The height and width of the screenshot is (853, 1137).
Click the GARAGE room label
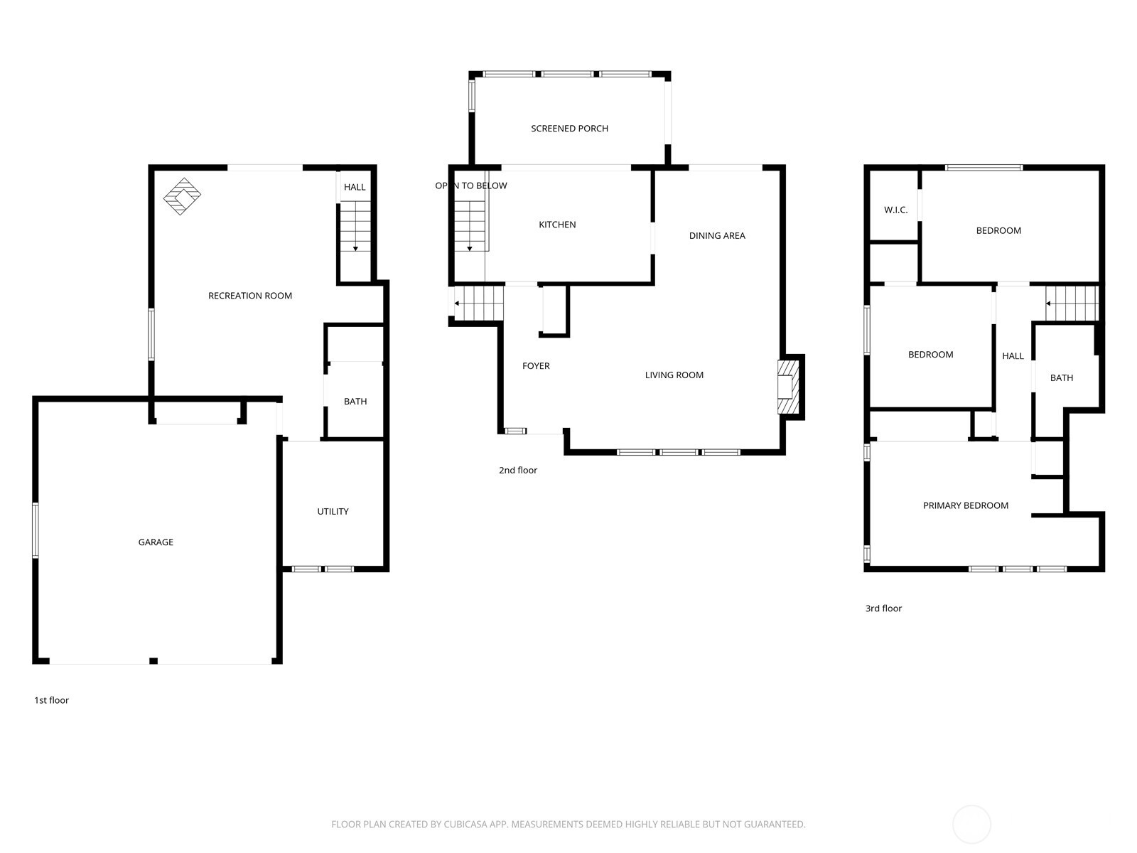[x=156, y=542]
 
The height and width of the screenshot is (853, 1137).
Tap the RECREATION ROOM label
[x=249, y=295]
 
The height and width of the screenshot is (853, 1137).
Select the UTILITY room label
[x=333, y=511]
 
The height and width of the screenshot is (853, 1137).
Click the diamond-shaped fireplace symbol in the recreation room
[x=182, y=196]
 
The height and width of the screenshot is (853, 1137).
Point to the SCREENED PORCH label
[x=569, y=128]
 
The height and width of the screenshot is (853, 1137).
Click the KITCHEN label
[x=557, y=224]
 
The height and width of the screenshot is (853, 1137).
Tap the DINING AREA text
[x=717, y=235]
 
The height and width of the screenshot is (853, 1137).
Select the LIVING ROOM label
[x=674, y=375]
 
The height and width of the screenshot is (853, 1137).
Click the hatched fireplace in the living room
[x=788, y=387]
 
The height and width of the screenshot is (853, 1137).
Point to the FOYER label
[x=536, y=365]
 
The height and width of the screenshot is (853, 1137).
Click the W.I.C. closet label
[x=895, y=210]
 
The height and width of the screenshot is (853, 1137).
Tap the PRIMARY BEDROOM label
[x=966, y=505]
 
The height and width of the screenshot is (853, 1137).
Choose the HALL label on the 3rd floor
[x=1013, y=356]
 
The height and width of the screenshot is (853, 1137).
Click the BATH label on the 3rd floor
[x=1062, y=377]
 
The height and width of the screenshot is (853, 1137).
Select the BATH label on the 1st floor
[x=355, y=401]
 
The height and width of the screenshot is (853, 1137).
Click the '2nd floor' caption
[x=517, y=470]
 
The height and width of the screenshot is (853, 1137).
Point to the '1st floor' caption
[x=51, y=699]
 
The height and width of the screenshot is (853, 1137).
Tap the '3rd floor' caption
[x=883, y=608]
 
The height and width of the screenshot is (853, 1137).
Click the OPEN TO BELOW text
[x=471, y=186]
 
